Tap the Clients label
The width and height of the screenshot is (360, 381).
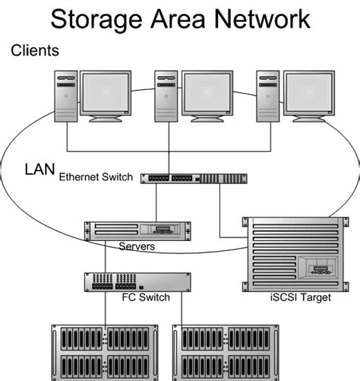[x=36, y=50]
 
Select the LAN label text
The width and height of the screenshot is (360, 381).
[x=38, y=167]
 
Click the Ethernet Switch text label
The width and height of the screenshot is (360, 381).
[x=96, y=177]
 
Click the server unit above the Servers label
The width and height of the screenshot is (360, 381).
[x=137, y=230]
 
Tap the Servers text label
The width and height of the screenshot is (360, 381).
[x=137, y=247]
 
